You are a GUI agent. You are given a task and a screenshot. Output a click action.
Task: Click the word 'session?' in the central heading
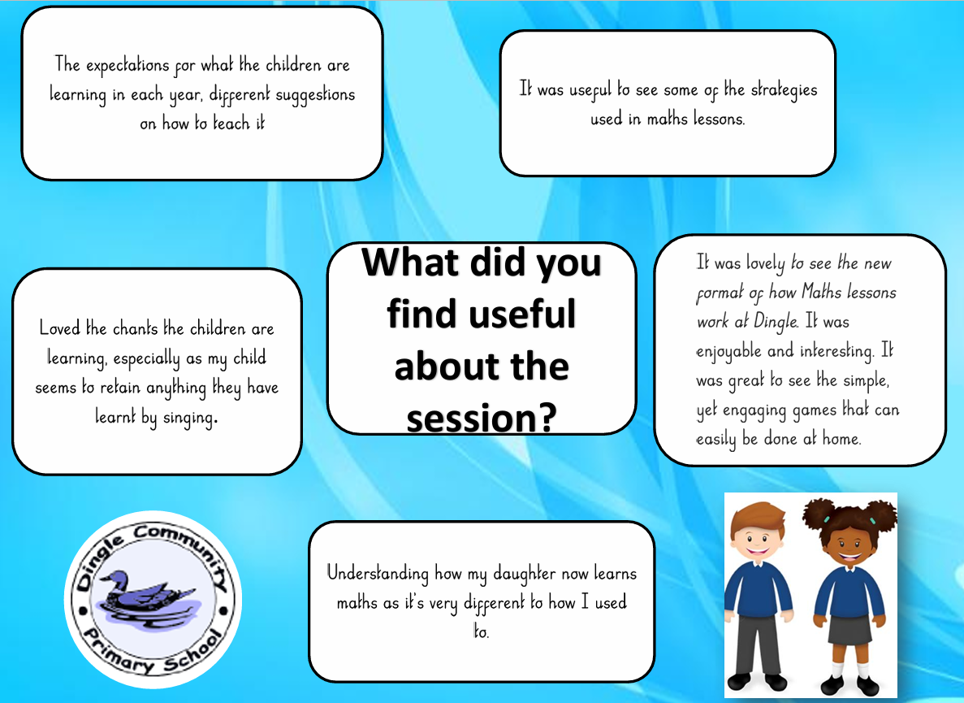[x=482, y=419]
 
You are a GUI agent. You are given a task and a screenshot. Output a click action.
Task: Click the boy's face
[x=756, y=535]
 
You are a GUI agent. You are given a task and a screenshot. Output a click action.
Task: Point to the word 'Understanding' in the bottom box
[x=378, y=574]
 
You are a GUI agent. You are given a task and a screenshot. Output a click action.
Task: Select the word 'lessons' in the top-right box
[x=719, y=118]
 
